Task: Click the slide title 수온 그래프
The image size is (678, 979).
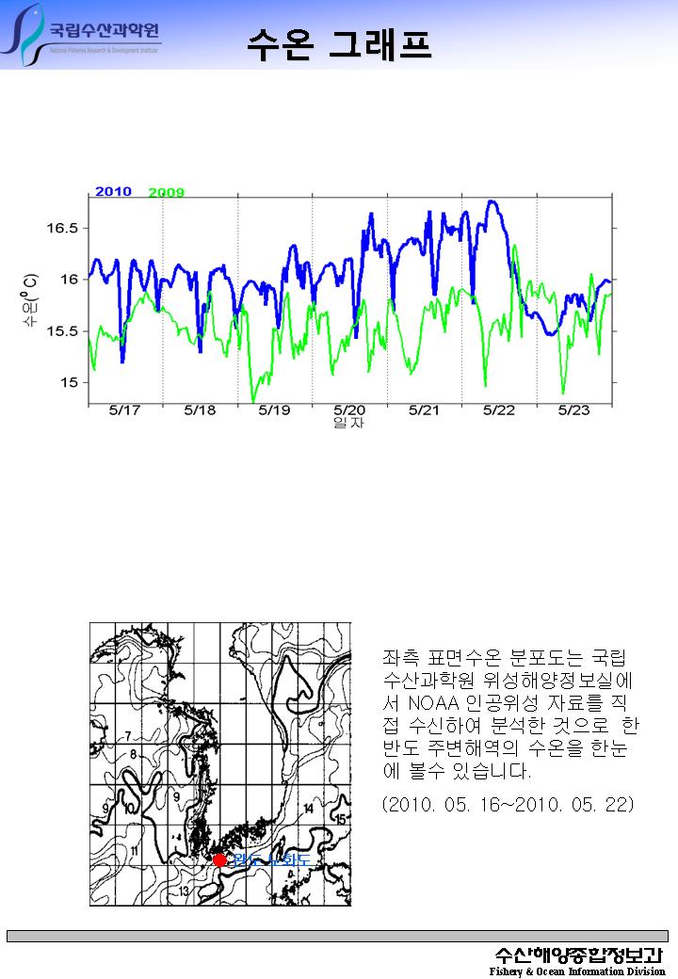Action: [x=340, y=44]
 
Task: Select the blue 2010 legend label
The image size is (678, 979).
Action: [x=113, y=191]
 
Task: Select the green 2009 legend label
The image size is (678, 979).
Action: [x=167, y=193]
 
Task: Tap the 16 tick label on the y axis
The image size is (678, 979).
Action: [x=71, y=280]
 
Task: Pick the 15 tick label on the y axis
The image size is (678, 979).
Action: [x=71, y=382]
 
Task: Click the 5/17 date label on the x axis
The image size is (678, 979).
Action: [x=125, y=410]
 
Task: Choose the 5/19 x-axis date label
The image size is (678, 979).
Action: [x=274, y=410]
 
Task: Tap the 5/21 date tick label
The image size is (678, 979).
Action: [x=424, y=410]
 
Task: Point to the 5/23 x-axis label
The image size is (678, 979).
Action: [x=573, y=410]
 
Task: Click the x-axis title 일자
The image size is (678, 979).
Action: [x=348, y=424]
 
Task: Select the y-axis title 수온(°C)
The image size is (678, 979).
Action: [x=32, y=300]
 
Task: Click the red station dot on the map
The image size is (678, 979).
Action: [x=219, y=859]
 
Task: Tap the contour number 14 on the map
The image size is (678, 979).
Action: [x=309, y=809]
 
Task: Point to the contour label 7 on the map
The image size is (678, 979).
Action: [x=127, y=735]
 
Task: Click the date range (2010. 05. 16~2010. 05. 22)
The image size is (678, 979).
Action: [x=508, y=805]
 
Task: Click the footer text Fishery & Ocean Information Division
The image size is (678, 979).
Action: [x=576, y=971]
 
